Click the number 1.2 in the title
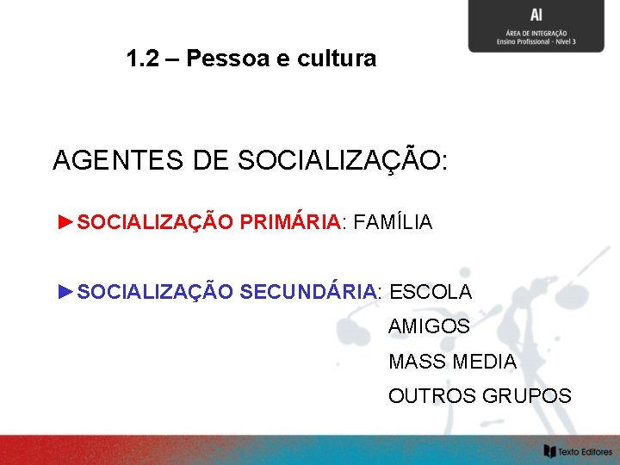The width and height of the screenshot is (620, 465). (x=142, y=59)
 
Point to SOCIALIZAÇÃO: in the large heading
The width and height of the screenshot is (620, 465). (x=342, y=160)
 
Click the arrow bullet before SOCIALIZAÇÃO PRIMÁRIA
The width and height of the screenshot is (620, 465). (x=65, y=222)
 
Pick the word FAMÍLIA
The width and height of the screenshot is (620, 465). (x=394, y=222)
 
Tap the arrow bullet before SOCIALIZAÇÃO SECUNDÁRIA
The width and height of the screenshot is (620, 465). (x=65, y=292)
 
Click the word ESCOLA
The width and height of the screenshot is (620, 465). (x=431, y=292)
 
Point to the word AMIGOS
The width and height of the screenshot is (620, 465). (x=429, y=327)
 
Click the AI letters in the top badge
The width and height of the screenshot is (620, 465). (x=536, y=15)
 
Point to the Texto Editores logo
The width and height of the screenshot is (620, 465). (x=577, y=450)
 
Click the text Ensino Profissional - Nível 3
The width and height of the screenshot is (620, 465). (x=536, y=41)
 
